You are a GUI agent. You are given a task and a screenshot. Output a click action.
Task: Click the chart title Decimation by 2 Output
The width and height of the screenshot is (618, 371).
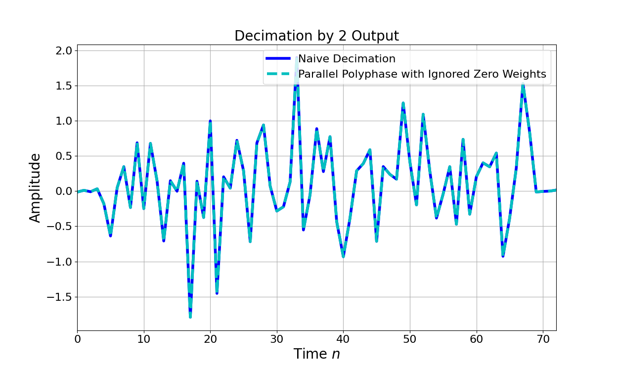click(x=316, y=36)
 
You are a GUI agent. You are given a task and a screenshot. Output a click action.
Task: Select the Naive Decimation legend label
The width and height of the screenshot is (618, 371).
click(x=347, y=59)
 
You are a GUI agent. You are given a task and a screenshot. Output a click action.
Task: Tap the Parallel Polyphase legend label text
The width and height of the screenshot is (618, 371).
click(x=422, y=74)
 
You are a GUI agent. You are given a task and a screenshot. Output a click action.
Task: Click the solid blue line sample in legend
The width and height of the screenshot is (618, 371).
click(x=280, y=59)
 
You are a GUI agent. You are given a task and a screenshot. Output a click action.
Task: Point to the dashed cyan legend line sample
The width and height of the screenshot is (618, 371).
click(x=280, y=74)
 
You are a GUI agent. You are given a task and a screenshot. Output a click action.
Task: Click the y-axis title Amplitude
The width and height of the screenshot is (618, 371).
click(x=35, y=187)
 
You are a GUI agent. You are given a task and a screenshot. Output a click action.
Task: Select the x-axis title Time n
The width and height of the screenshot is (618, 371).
click(x=316, y=354)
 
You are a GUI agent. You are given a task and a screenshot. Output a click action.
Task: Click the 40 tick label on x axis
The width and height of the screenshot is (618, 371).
click(x=343, y=339)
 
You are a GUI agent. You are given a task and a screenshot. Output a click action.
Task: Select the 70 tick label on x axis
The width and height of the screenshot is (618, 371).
click(x=543, y=339)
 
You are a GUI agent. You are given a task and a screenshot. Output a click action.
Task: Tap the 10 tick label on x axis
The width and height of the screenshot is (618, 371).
click(x=144, y=339)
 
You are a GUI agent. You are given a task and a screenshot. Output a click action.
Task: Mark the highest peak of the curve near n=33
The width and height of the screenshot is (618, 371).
click(x=297, y=58)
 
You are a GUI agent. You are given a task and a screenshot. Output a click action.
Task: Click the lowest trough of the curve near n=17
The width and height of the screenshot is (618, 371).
click(x=190, y=316)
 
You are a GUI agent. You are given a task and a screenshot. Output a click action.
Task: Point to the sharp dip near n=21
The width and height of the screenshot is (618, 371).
click(x=217, y=292)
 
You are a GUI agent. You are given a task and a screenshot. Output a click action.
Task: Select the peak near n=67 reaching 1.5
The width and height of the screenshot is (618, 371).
click(x=523, y=85)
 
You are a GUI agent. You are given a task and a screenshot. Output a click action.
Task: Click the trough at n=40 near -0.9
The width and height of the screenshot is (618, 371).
click(x=343, y=256)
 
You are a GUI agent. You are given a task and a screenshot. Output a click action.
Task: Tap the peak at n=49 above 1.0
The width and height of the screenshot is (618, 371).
click(x=403, y=103)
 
